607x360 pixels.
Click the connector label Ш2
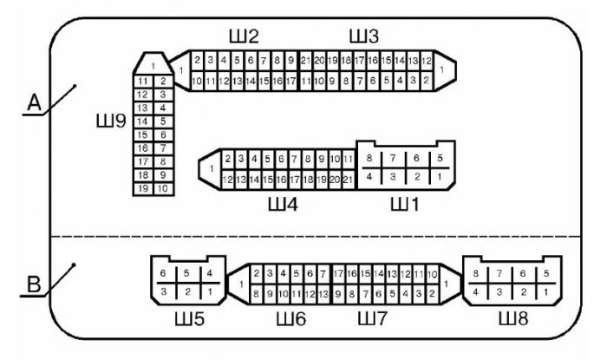243,36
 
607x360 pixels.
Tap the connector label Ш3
363,36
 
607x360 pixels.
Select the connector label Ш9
110,120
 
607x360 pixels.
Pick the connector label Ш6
290,319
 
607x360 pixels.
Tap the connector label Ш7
374,319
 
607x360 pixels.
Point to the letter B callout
35,283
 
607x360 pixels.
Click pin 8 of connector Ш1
370,159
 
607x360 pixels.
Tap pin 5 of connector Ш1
441,159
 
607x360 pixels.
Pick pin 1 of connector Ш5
210,291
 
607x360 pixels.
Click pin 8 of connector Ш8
476,274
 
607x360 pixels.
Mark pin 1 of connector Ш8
545,291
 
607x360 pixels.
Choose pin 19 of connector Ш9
143,188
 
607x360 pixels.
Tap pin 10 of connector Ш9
162,188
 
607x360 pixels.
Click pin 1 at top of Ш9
153,65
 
